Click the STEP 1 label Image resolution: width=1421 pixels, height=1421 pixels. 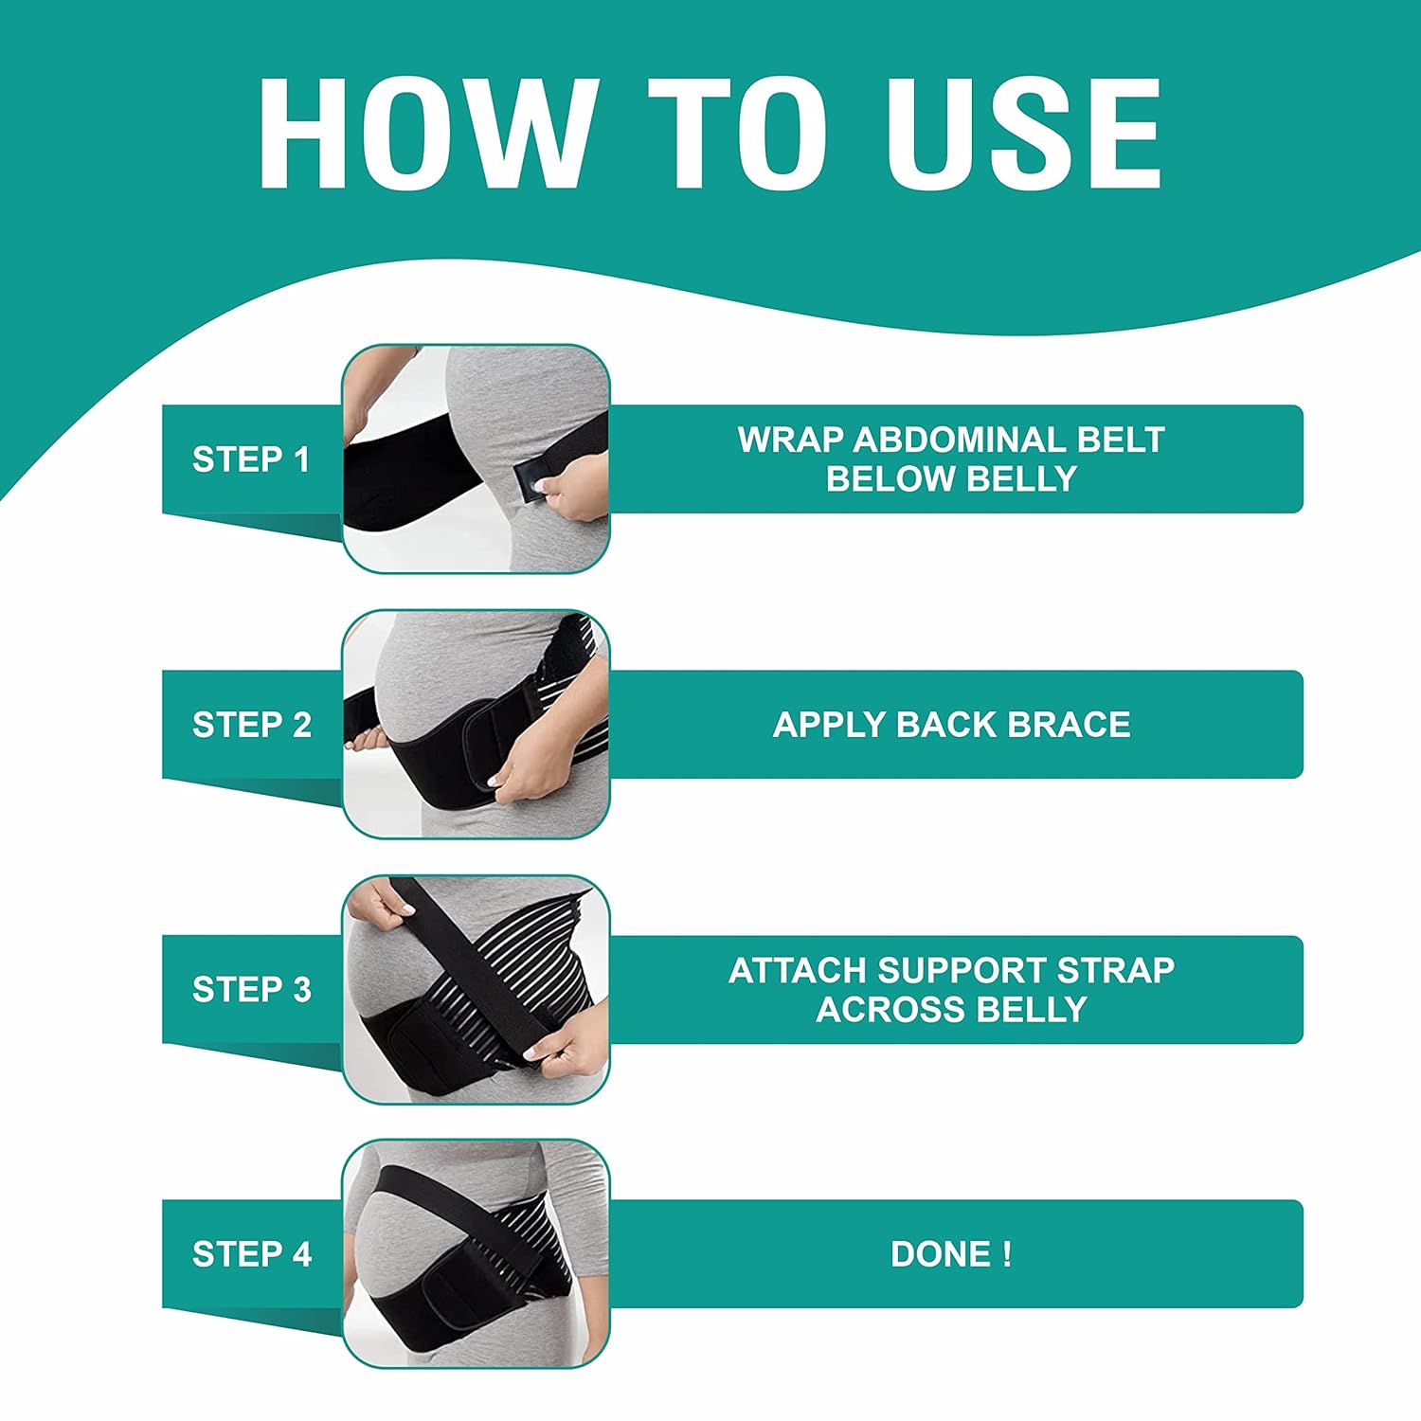(x=251, y=459)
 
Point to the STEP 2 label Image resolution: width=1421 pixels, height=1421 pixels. (x=252, y=725)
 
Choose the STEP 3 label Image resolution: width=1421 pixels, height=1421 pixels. (x=252, y=990)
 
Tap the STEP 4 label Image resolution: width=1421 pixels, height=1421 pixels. (x=252, y=1254)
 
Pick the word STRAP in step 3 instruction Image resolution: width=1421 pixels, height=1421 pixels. (x=1116, y=970)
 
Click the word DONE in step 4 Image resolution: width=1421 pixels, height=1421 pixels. (x=938, y=1254)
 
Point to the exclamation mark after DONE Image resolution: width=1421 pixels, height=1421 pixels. (x=1007, y=1254)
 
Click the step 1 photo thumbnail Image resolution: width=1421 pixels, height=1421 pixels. (x=476, y=459)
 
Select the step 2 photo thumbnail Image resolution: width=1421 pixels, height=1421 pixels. (x=476, y=725)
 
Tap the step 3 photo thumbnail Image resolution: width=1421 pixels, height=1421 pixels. (x=476, y=990)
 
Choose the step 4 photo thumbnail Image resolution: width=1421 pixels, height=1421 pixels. (x=476, y=1254)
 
